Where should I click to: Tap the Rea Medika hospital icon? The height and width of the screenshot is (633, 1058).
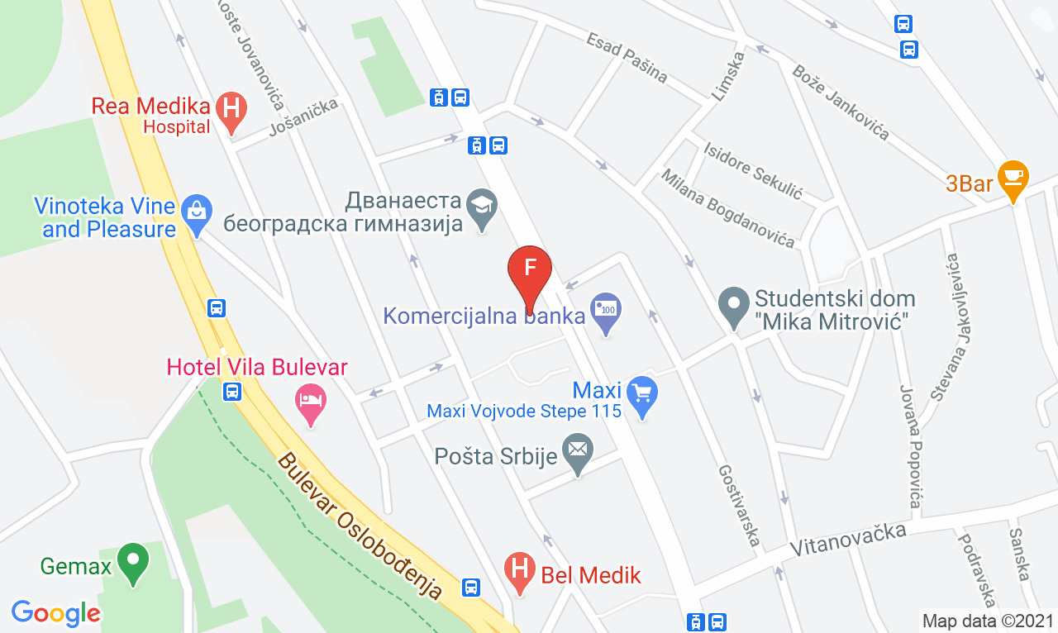point(231,109)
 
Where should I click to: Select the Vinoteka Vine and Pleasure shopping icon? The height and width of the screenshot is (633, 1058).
point(197,211)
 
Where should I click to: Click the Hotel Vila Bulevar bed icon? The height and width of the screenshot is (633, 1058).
point(311,402)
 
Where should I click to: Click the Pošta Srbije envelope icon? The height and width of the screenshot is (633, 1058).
point(577,450)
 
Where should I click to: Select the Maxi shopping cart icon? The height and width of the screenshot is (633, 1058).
point(642,392)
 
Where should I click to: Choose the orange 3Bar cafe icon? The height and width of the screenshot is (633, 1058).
point(1012,176)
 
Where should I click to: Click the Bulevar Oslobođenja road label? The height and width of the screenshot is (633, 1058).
point(360,526)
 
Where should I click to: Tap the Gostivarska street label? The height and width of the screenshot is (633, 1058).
point(738,505)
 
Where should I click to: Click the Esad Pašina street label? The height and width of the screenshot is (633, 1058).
point(627,58)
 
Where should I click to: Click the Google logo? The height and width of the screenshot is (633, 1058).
point(55,612)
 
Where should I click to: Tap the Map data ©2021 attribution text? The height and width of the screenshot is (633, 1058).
point(988,621)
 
